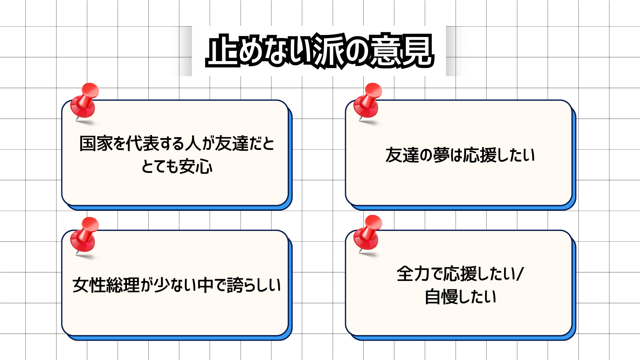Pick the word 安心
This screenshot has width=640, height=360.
pos(196,166)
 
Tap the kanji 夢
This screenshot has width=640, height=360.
pos(441,155)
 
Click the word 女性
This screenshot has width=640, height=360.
pos(89,285)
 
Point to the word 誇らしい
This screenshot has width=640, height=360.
pos(254,285)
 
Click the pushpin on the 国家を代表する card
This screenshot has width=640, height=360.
pos(85,103)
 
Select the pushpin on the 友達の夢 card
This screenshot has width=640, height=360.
pos(368,103)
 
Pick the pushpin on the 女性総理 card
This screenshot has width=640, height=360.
pos(85,236)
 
